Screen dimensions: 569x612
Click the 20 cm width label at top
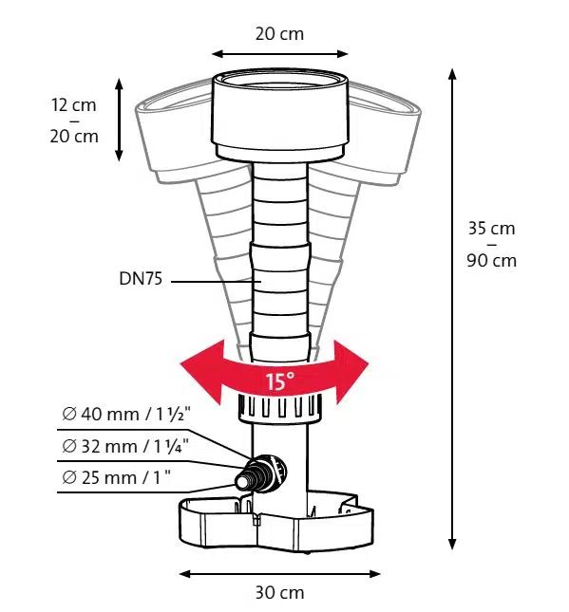pyautogui.click(x=279, y=34)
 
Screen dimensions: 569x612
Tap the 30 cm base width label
pyautogui.click(x=279, y=592)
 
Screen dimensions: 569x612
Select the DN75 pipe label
pyautogui.click(x=141, y=279)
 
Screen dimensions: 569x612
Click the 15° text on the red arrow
pyautogui.click(x=280, y=380)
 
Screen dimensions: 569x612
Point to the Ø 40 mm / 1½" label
pyautogui.click(x=126, y=414)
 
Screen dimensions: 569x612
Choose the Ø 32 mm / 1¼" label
pyautogui.click(x=125, y=446)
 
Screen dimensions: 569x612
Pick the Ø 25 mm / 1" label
pyautogui.click(x=117, y=477)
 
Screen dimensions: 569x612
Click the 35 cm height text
pyautogui.click(x=492, y=229)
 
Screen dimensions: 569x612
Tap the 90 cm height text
pyautogui.click(x=492, y=260)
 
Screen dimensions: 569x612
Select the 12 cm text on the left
pyautogui.click(x=74, y=105)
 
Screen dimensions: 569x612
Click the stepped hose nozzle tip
pyautogui.click(x=243, y=482)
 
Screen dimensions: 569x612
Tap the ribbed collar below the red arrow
pyautogui.click(x=280, y=408)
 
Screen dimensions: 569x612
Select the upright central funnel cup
pyautogui.click(x=280, y=115)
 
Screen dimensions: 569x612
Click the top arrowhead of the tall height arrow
pyautogui.click(x=452, y=73)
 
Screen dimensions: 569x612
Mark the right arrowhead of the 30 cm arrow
pyautogui.click(x=375, y=574)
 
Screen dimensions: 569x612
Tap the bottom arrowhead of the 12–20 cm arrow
pyautogui.click(x=119, y=156)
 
